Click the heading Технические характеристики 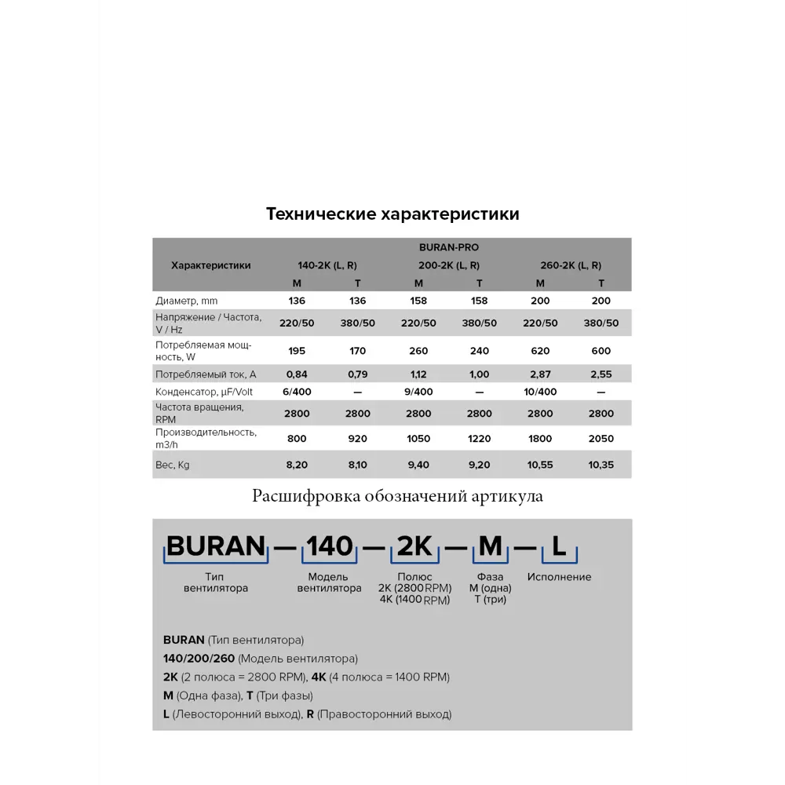point(392,214)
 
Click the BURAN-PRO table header point(448,247)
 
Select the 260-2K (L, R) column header point(571,265)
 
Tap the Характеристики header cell point(211,265)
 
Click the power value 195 point(297,351)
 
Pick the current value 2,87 point(540,374)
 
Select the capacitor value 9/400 point(418,392)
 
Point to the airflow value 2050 point(601,439)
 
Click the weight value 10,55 point(540,465)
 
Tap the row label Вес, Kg point(173,465)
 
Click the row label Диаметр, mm point(187,301)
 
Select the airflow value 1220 point(479,439)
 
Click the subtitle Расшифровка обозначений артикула point(397,495)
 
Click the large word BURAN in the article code point(216,546)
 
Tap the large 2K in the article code point(414,546)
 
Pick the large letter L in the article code point(559,546)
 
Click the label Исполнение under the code point(559,577)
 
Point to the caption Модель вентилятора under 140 point(330,582)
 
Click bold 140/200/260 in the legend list point(199,659)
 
